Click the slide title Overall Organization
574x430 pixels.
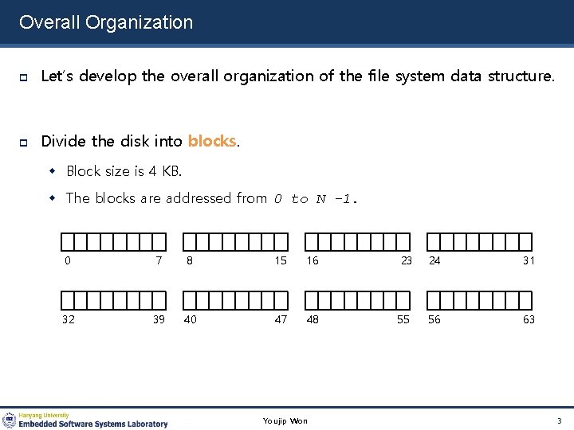click(106, 22)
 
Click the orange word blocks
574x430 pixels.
click(211, 142)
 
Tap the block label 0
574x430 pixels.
click(68, 260)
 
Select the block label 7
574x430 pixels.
click(159, 260)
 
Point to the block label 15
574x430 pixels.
click(281, 260)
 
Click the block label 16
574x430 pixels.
click(313, 260)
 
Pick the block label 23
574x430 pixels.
click(406, 260)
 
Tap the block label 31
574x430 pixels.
click(529, 260)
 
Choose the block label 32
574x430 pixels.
click(70, 319)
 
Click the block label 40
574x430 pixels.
click(191, 319)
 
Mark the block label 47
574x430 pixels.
click(281, 319)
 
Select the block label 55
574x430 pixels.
click(403, 319)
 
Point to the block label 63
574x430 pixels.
click(529, 319)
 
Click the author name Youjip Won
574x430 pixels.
click(285, 420)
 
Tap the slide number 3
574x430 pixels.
click(560, 420)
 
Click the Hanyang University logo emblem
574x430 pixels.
click(9, 420)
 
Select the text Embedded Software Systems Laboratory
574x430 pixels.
click(93, 424)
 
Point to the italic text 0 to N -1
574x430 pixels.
click(316, 198)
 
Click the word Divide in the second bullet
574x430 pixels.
click(64, 142)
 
